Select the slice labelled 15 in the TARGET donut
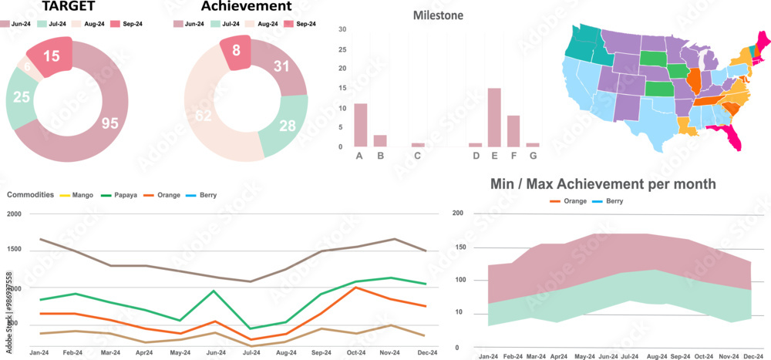(52, 56)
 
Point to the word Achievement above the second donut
(246, 7)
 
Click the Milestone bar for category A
(360, 125)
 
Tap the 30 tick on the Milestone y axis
(342, 29)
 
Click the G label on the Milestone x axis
(532, 156)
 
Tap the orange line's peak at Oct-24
(356, 288)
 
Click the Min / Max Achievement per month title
(604, 184)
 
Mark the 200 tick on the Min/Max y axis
(457, 214)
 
